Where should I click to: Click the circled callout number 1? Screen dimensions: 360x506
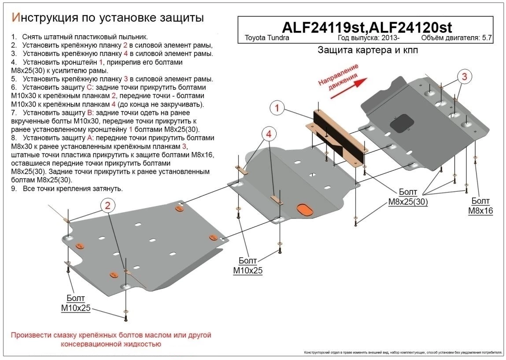277,108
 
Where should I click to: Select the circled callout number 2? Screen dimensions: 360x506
107,204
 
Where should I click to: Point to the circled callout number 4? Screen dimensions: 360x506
269,134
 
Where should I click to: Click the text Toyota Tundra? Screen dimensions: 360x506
267,38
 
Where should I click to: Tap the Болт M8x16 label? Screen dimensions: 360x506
480,206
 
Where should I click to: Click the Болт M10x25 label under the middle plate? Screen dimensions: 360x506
248,266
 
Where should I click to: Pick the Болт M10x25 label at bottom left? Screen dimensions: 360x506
76,304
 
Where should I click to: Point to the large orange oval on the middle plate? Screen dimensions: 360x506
304,209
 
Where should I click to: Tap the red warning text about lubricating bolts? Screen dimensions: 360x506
111,339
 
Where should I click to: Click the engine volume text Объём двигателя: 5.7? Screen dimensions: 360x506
456,38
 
